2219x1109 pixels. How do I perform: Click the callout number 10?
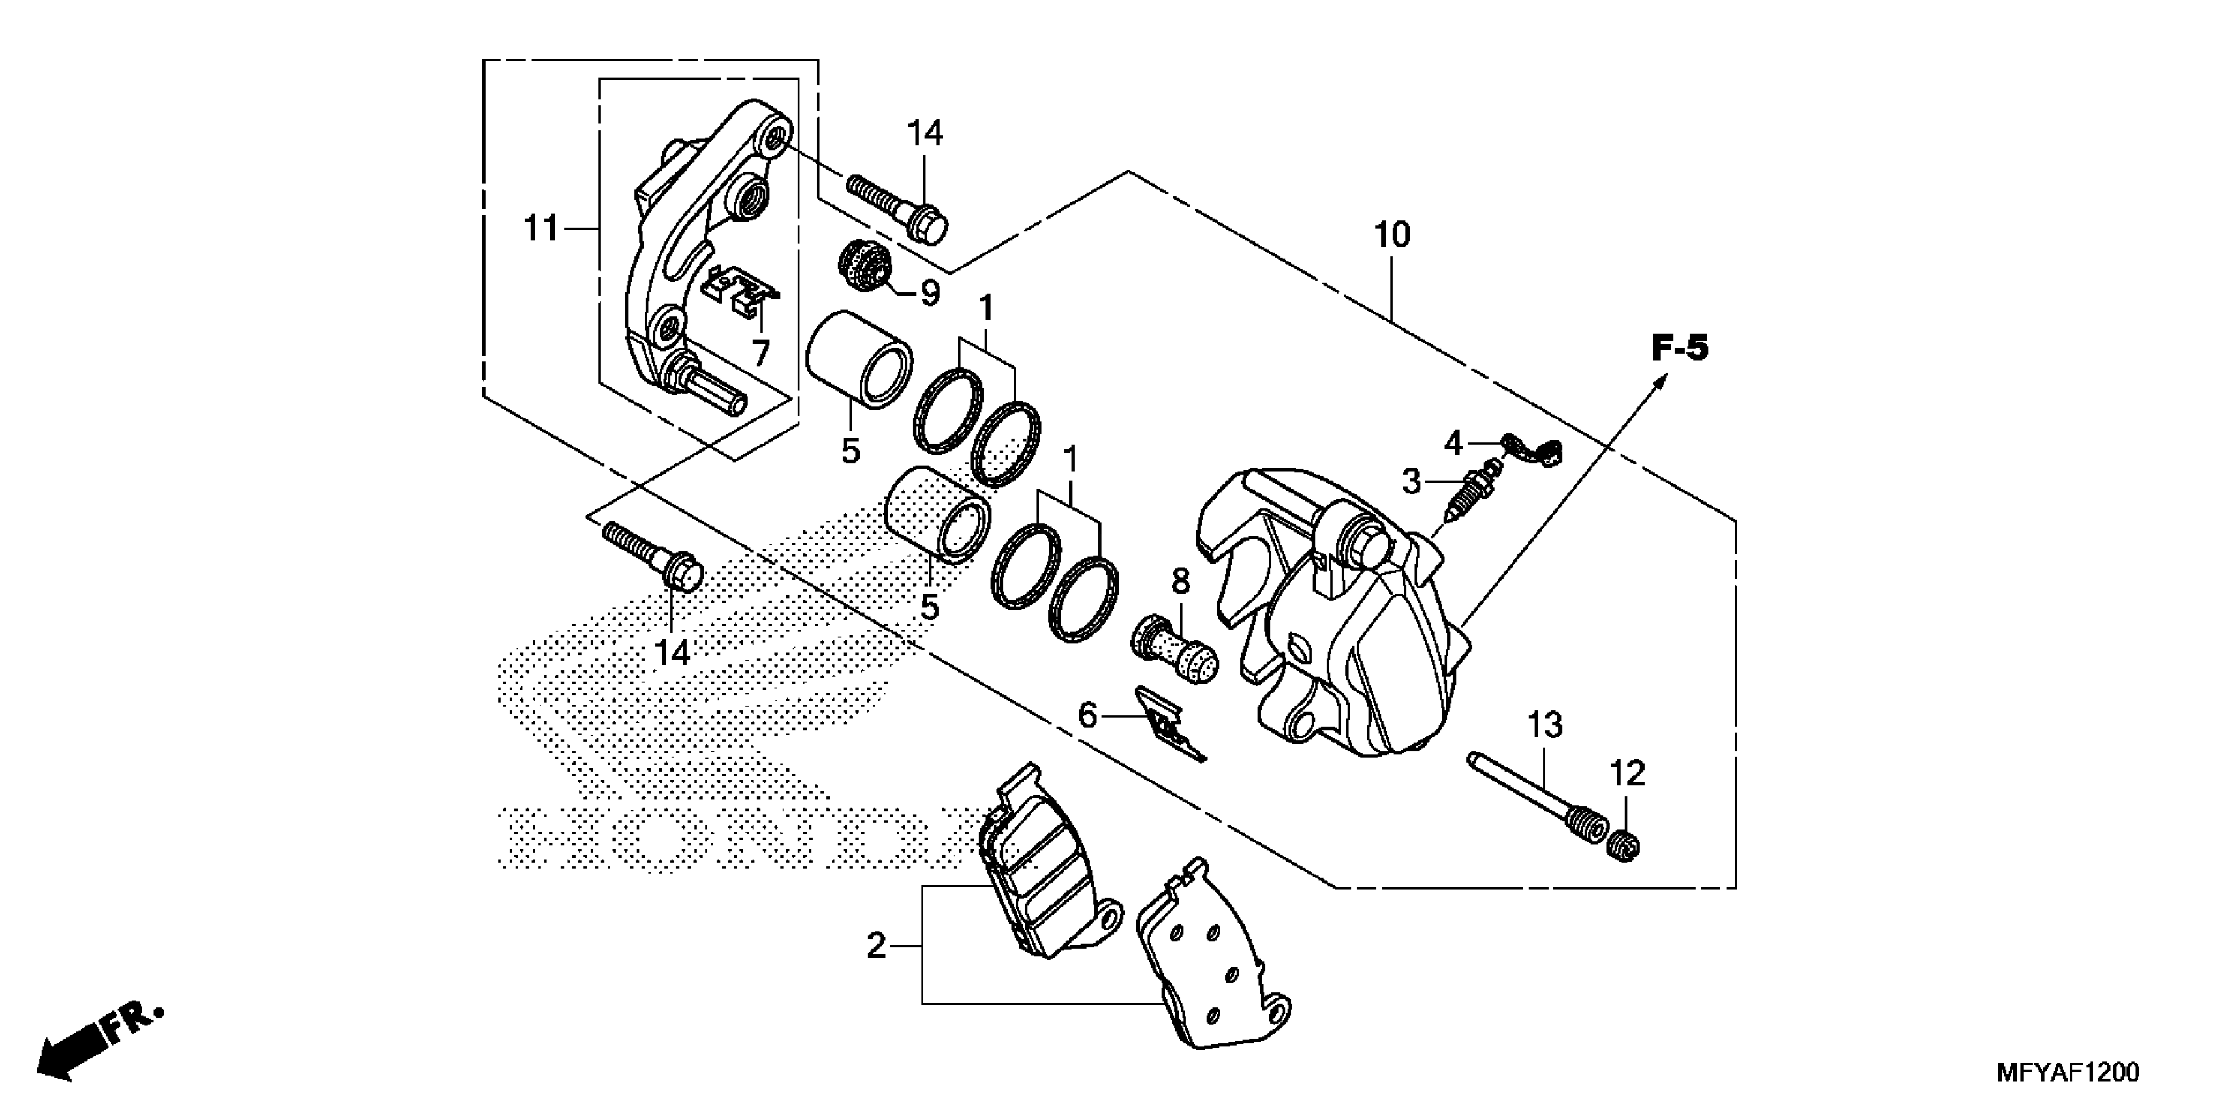1392,235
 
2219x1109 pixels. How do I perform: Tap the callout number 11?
542,229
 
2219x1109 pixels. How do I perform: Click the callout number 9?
930,294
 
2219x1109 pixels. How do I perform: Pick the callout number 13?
1545,725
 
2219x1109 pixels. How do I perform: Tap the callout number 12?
1627,773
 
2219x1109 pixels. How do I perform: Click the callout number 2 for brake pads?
876,947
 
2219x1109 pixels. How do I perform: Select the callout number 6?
1088,714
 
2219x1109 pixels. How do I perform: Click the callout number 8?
1180,581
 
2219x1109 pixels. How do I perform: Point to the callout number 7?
760,352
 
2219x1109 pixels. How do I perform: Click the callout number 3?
1411,481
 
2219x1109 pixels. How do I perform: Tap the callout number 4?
1453,444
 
